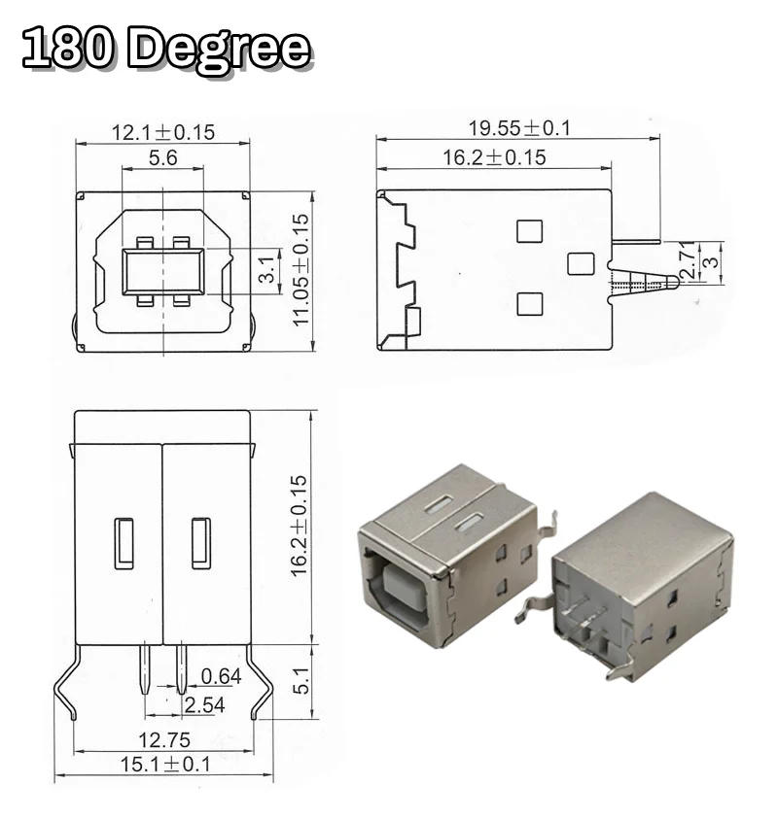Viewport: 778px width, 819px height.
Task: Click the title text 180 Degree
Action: (166, 50)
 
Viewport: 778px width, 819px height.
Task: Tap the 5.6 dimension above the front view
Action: (162, 157)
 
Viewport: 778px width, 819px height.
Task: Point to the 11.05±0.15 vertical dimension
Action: (302, 270)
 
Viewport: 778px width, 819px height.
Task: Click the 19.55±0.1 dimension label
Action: (519, 127)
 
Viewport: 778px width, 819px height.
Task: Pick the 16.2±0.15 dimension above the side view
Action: (494, 157)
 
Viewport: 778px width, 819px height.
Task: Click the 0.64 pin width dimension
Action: (221, 676)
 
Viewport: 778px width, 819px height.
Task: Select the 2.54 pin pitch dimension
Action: (204, 704)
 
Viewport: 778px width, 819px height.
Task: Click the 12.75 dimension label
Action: (163, 740)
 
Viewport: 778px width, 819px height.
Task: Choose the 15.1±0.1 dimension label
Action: (164, 765)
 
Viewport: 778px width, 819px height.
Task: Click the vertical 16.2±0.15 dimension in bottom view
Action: (300, 526)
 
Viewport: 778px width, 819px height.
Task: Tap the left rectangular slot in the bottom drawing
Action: (124, 543)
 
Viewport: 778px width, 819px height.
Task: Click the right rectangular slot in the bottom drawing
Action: (200, 543)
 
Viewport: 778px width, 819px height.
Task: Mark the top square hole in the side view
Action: (529, 231)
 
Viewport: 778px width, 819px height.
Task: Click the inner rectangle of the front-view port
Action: (162, 271)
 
